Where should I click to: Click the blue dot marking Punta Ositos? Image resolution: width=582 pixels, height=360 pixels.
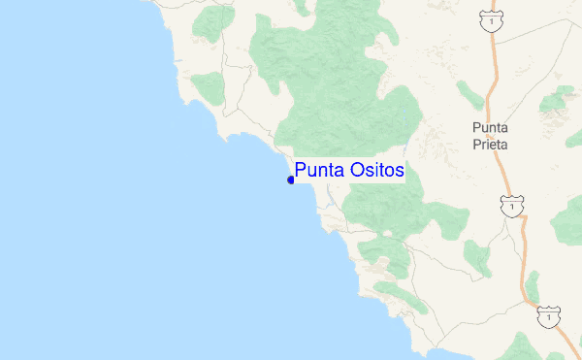pyautogui.click(x=291, y=180)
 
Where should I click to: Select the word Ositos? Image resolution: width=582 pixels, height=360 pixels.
pyautogui.click(x=372, y=171)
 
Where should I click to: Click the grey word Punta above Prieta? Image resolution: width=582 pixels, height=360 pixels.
pyautogui.click(x=489, y=127)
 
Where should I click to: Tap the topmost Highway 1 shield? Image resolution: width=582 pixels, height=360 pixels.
pyautogui.click(x=494, y=19)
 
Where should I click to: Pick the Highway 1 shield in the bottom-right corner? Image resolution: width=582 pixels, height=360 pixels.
pyautogui.click(x=548, y=316)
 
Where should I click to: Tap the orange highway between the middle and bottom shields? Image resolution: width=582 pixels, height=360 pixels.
pyautogui.click(x=529, y=262)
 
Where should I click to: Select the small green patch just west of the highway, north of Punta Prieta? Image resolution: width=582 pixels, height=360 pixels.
pyautogui.click(x=469, y=94)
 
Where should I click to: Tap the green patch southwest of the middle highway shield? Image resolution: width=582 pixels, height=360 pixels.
pyautogui.click(x=476, y=256)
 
